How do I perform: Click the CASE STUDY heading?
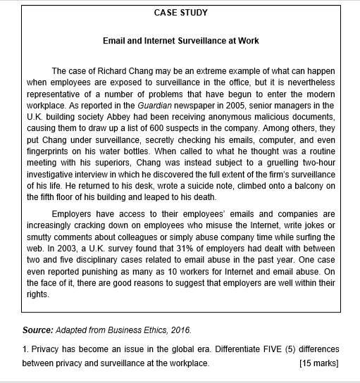pos(180,13)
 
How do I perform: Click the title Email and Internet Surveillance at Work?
pos(180,41)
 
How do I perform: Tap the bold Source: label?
pos(37,329)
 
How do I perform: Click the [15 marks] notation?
pos(318,363)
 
